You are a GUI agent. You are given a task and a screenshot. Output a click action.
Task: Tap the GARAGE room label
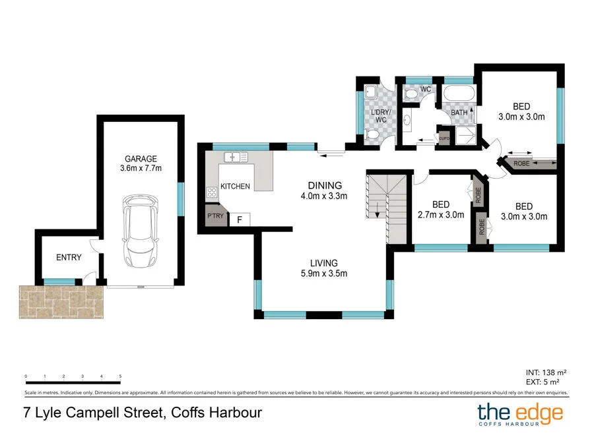[x=141, y=159]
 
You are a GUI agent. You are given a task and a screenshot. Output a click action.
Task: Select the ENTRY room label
[x=69, y=257]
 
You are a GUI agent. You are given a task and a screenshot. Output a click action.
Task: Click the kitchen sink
[x=235, y=157]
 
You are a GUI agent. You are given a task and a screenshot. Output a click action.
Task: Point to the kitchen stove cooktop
[x=213, y=193]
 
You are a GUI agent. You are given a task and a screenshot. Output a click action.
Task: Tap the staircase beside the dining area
[x=387, y=197]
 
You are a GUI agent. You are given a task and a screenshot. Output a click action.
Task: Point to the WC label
[x=426, y=88]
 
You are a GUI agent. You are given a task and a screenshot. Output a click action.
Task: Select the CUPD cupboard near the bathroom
[x=444, y=138]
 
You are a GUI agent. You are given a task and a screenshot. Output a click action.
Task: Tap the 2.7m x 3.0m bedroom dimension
[x=440, y=214]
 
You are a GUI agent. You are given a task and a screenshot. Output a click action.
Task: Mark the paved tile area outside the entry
[x=61, y=301]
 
